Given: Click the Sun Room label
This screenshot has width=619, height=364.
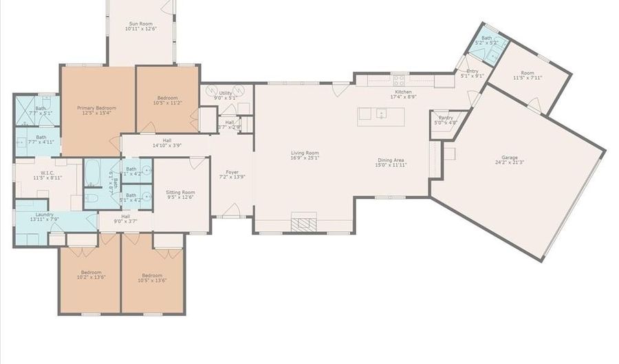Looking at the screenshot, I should (x=140, y=23).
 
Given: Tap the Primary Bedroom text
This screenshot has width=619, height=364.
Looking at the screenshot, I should (x=96, y=108).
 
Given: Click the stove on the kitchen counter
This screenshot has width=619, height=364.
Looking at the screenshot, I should (x=399, y=80).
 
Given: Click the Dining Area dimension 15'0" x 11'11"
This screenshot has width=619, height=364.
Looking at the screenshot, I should (x=392, y=165).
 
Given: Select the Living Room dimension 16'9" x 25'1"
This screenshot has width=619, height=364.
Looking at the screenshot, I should (x=304, y=158).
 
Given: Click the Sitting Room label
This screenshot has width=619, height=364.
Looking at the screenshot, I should (x=180, y=193).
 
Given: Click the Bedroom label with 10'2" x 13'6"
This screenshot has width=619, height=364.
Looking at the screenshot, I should (x=91, y=272).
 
